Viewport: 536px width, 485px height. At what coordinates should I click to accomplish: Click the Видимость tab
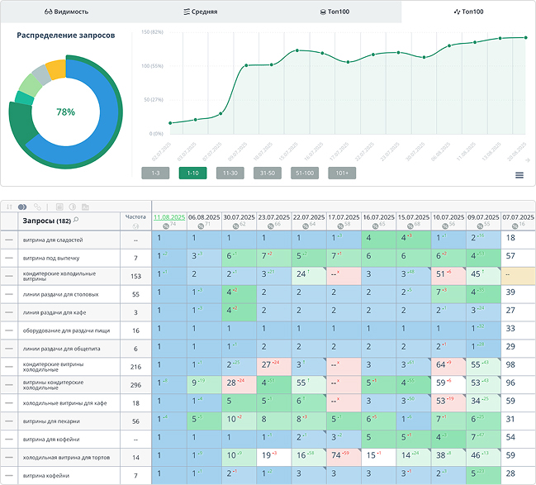tap(67, 12)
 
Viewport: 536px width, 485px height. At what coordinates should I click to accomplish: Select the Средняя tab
tap(201, 12)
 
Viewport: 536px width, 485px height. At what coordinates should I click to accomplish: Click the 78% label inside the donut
tap(65, 112)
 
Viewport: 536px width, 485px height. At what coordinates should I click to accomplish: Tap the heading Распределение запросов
tap(65, 36)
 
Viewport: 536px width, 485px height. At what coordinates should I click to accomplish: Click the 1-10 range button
tap(192, 173)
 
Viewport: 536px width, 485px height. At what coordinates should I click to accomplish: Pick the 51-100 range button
tap(305, 173)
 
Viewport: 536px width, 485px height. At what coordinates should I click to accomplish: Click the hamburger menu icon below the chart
tap(519, 175)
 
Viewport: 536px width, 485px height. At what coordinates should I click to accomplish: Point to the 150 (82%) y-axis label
tap(151, 32)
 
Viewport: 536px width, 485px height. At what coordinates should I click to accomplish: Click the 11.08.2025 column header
tap(169, 216)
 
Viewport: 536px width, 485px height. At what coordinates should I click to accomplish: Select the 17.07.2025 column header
tap(343, 216)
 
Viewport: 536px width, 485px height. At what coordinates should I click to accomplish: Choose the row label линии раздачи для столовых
tap(57, 293)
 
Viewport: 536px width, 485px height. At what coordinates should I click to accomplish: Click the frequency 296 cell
tap(135, 383)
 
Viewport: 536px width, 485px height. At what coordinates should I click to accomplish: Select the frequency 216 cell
tap(135, 365)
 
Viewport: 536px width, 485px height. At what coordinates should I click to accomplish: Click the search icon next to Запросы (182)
tap(76, 220)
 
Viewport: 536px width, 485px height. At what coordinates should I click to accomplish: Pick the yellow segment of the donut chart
tap(55, 69)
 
